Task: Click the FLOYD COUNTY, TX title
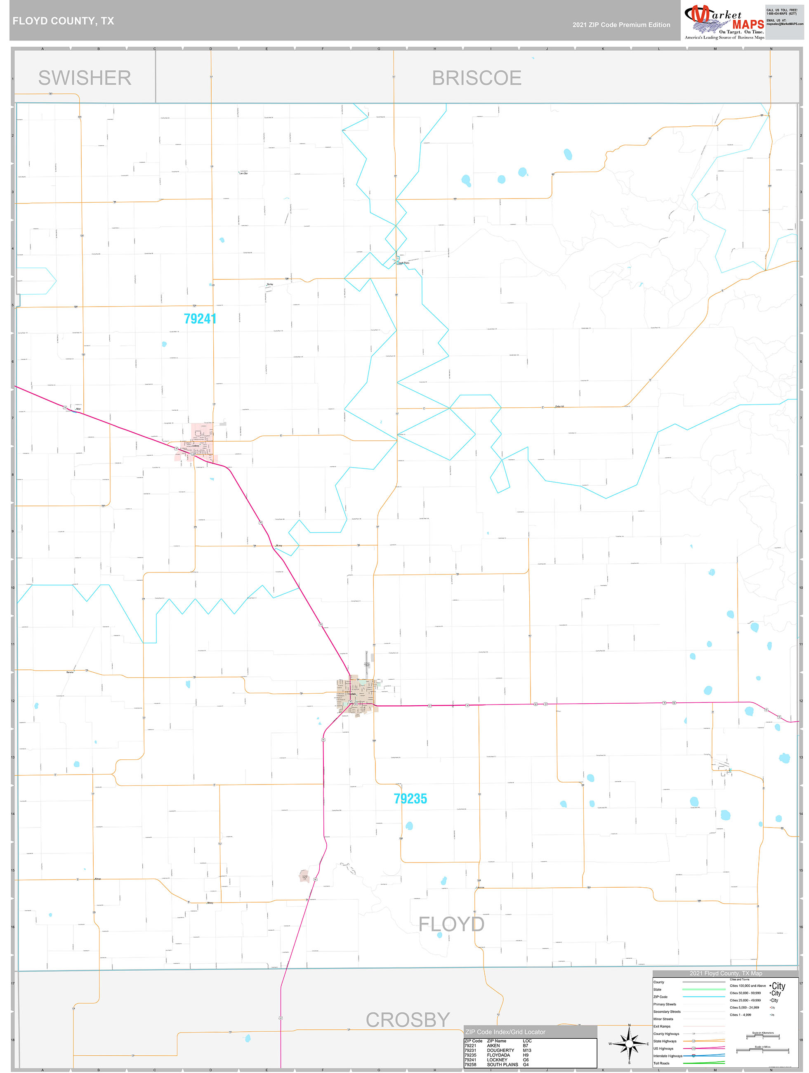click(x=63, y=21)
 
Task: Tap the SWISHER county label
click(x=85, y=78)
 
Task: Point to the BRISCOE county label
click(x=476, y=78)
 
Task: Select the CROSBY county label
click(x=408, y=1020)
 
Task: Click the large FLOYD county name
click(x=451, y=924)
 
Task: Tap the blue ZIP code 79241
click(x=200, y=319)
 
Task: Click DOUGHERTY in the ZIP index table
click(x=500, y=1050)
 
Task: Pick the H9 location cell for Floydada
click(x=525, y=1055)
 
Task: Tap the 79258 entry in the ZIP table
click(x=470, y=1064)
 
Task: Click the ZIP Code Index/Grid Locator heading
click(x=505, y=1032)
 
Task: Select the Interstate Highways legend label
click(x=667, y=1056)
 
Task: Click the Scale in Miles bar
click(x=763, y=1051)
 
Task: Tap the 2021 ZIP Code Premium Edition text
click(x=621, y=25)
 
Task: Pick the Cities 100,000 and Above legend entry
click(x=748, y=986)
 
